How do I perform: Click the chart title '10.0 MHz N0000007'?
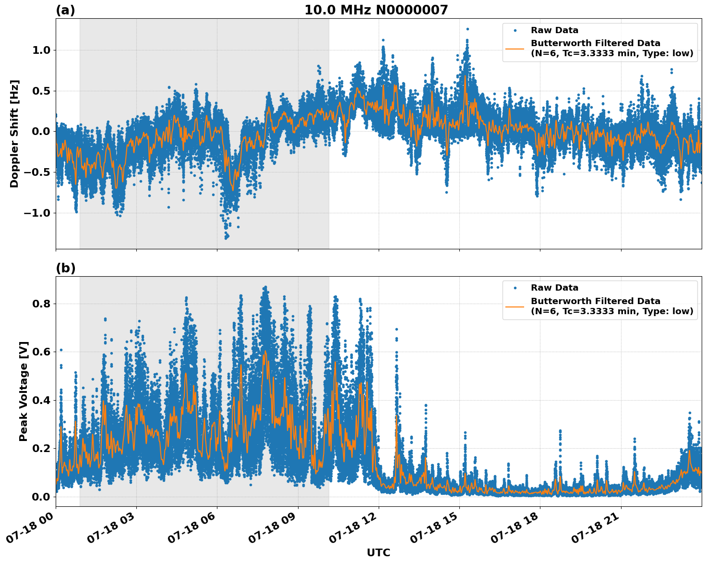pos(376,10)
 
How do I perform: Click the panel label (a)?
pos(65,10)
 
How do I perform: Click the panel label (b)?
pos(65,268)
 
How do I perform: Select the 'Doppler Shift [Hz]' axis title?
pos(14,134)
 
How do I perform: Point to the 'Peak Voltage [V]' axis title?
pos(24,391)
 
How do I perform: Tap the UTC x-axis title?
pos(378,552)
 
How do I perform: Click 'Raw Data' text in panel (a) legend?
pos(554,30)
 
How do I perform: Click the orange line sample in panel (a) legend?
pos(515,48)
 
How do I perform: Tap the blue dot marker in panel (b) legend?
pos(515,288)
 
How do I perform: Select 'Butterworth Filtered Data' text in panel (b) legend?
pos(595,301)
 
